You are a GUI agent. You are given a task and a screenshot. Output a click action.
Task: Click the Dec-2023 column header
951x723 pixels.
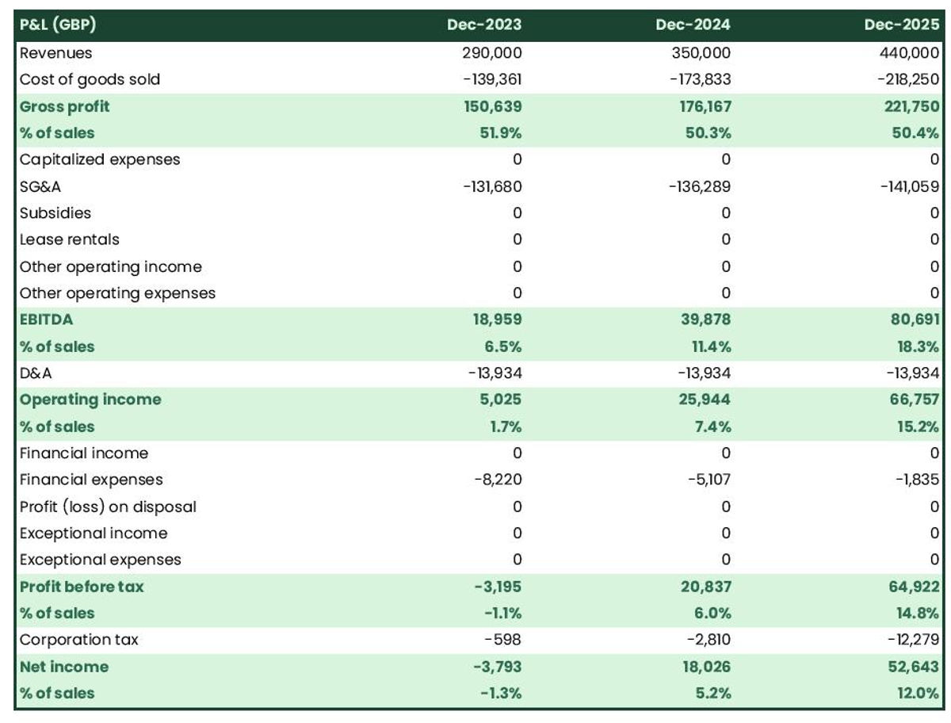tap(484, 25)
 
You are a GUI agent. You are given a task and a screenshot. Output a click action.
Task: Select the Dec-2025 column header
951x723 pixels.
tap(902, 25)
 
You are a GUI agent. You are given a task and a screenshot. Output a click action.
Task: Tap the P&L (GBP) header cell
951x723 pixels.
tap(58, 25)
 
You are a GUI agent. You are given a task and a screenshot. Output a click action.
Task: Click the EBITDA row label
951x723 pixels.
tap(47, 319)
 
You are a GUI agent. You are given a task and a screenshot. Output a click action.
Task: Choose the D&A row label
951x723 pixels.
tap(35, 373)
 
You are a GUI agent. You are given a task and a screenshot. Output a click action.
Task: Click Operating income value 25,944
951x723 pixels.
tap(701, 400)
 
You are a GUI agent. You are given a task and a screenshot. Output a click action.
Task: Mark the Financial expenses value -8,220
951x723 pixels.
tap(495, 480)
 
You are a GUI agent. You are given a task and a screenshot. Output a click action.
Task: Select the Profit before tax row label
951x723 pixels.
tap(82, 587)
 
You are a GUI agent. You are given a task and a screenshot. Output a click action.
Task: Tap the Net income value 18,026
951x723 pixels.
tap(701, 667)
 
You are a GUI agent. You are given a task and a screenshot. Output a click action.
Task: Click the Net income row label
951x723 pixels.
tap(64, 667)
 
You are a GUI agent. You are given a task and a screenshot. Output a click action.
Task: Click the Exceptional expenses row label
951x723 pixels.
tap(101, 560)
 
